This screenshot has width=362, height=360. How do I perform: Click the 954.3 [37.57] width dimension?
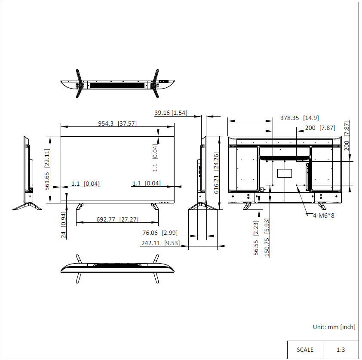pyautogui.click(x=117, y=123)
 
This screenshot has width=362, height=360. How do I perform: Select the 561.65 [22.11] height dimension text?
pyautogui.click(x=47, y=169)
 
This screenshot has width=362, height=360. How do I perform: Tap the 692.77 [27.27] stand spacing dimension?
pyautogui.click(x=117, y=219)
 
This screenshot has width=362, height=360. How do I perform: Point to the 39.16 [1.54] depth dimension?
pyautogui.click(x=171, y=113)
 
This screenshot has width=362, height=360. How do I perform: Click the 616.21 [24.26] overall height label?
pyautogui.click(x=216, y=173)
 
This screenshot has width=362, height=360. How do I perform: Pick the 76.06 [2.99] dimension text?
pyautogui.click(x=160, y=233)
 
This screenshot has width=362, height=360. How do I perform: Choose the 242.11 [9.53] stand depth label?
pyautogui.click(x=160, y=243)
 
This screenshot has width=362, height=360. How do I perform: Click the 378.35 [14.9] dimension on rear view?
pyautogui.click(x=300, y=118)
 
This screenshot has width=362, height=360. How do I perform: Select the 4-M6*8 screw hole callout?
pyautogui.click(x=323, y=215)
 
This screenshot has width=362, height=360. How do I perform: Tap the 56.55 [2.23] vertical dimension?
pyautogui.click(x=256, y=238)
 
